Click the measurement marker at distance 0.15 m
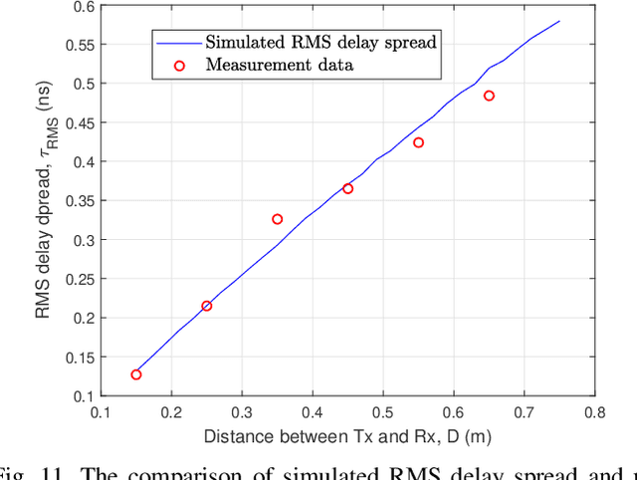pyautogui.click(x=136, y=374)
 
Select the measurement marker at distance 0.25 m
pyautogui.click(x=207, y=306)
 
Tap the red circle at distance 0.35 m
pyautogui.click(x=278, y=219)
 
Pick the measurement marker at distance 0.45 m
pyautogui.click(x=347, y=188)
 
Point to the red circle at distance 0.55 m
pyautogui.click(x=418, y=142)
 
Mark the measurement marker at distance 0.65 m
pyautogui.click(x=489, y=96)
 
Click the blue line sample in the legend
pyautogui.click(x=176, y=43)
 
